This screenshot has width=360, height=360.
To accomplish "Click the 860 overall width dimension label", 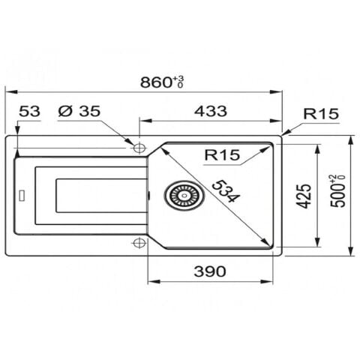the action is click(x=162, y=82).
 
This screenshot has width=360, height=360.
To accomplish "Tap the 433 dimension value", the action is click(x=211, y=111).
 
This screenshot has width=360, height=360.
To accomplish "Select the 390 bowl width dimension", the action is click(x=210, y=271).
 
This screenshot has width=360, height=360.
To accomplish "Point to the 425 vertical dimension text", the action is click(x=304, y=196).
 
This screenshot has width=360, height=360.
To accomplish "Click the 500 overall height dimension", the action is click(x=337, y=191).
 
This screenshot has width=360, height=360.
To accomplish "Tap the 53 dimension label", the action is click(x=29, y=111).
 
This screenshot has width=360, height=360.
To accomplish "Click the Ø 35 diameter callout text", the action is click(x=79, y=111).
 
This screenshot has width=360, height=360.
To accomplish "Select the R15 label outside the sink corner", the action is click(x=321, y=114).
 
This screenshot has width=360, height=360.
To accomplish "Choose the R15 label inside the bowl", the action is click(x=222, y=154).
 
